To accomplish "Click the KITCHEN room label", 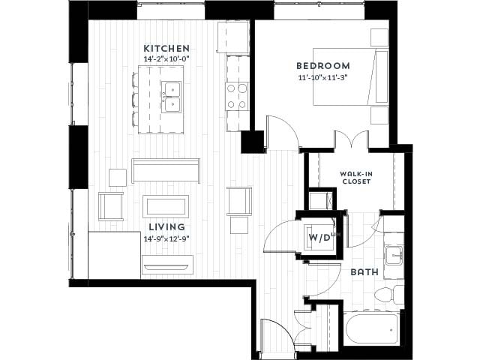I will click(x=166, y=48).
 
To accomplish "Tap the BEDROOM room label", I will click(x=322, y=66).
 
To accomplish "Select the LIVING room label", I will click(x=166, y=226).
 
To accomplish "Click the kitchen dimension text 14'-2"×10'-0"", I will click(x=166, y=59).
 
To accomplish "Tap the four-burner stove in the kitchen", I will click(x=238, y=96).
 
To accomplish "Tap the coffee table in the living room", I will click(x=165, y=206).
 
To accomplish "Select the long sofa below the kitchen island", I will click(x=165, y=170).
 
